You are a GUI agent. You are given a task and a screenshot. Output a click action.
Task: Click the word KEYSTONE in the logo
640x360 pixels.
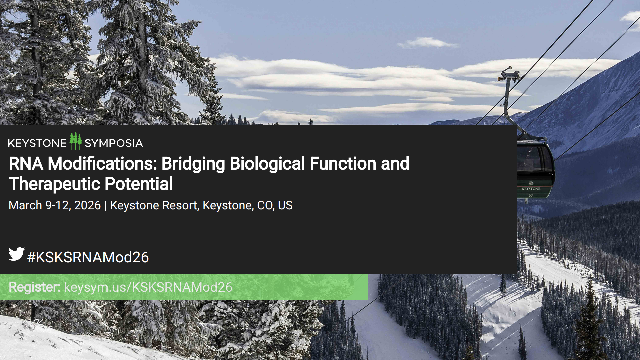37,143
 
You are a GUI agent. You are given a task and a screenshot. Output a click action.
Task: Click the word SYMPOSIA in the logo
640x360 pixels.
114,143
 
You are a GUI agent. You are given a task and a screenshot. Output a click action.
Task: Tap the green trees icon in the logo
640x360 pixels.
76,141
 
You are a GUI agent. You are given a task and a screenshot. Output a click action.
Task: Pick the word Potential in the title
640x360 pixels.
139,184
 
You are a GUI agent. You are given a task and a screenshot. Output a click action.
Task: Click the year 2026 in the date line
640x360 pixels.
87,205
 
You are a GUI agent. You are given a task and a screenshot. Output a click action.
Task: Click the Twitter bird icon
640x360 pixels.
17,254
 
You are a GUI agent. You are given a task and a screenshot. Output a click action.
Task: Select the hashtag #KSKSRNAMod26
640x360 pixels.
88,257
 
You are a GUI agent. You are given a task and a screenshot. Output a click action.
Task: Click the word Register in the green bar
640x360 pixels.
34,287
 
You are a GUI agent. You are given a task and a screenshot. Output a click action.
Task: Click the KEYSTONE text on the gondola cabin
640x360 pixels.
531,189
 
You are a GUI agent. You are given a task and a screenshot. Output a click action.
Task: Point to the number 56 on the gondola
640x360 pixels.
531,195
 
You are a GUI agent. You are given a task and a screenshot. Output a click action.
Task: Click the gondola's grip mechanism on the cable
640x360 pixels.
509,74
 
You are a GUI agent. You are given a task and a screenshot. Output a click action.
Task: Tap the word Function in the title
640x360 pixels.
343,164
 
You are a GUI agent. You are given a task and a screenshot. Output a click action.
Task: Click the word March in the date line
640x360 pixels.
25,205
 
